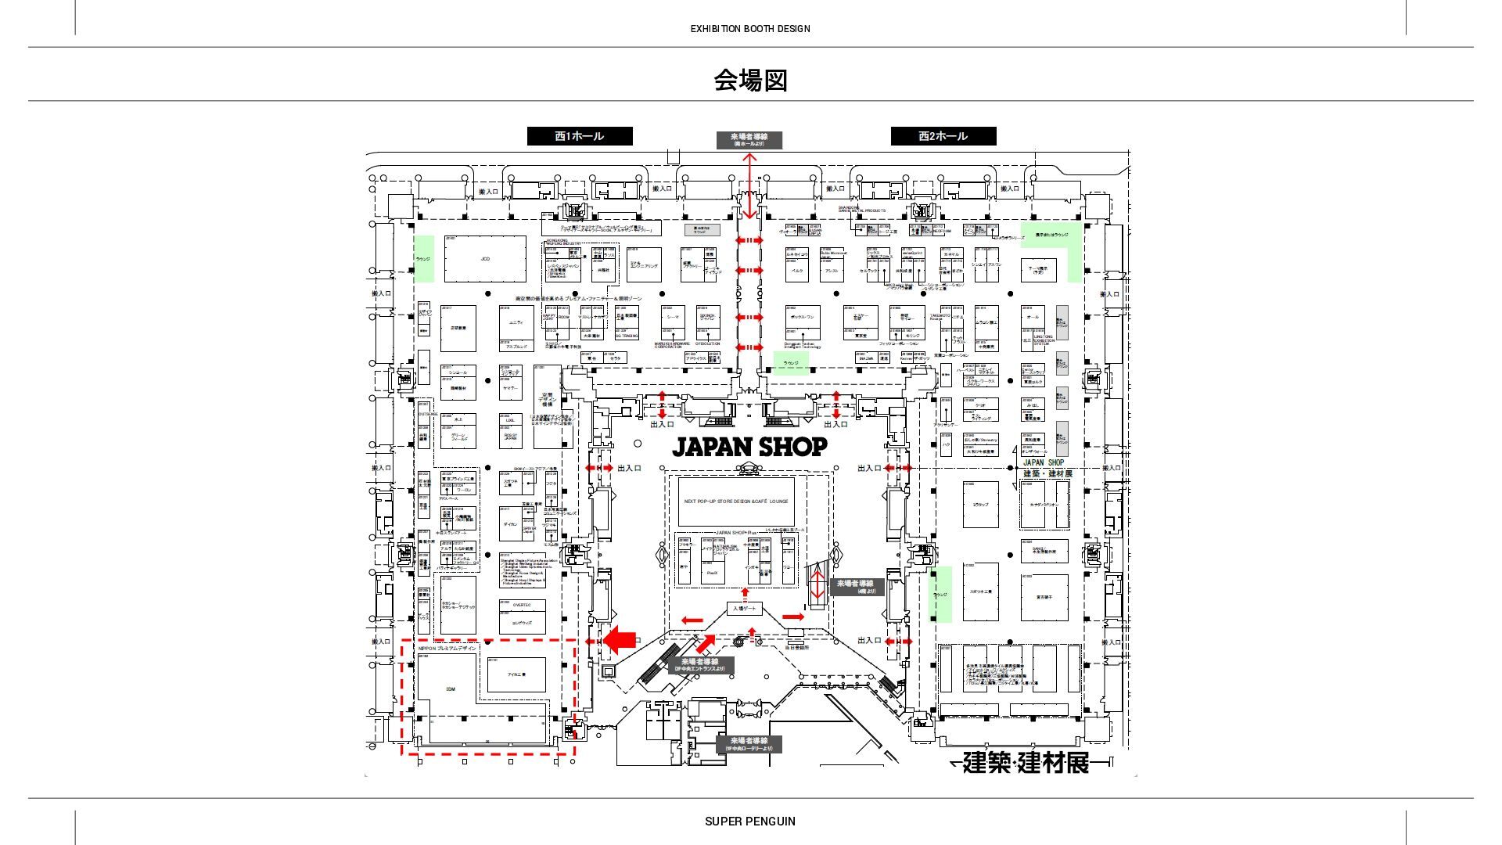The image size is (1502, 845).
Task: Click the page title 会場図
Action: tap(749, 80)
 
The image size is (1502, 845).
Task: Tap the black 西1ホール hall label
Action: tap(580, 136)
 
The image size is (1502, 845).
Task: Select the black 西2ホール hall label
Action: tap(943, 136)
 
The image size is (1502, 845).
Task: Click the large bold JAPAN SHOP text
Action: tap(749, 447)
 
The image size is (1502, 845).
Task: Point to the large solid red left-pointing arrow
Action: tap(620, 640)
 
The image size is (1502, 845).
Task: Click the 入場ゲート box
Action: tap(744, 609)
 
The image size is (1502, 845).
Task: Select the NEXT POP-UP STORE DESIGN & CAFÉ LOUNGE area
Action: tap(735, 502)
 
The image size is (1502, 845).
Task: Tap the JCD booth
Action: tap(485, 259)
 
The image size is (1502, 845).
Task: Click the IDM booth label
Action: tap(450, 689)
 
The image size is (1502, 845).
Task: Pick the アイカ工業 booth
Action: tap(516, 674)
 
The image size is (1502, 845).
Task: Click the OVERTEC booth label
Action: tap(522, 605)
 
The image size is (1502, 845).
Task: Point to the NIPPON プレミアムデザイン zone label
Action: tap(447, 648)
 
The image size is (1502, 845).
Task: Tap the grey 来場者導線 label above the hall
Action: tap(749, 140)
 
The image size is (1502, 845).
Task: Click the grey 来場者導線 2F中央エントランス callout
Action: tap(700, 665)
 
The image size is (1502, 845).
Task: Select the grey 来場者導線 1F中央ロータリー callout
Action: tap(749, 744)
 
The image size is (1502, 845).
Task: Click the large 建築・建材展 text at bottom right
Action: tap(1025, 762)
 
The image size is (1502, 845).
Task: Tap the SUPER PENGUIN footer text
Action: tap(749, 822)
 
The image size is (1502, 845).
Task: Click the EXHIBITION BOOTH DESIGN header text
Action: tap(749, 29)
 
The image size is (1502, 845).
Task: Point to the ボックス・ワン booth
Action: tap(803, 318)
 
